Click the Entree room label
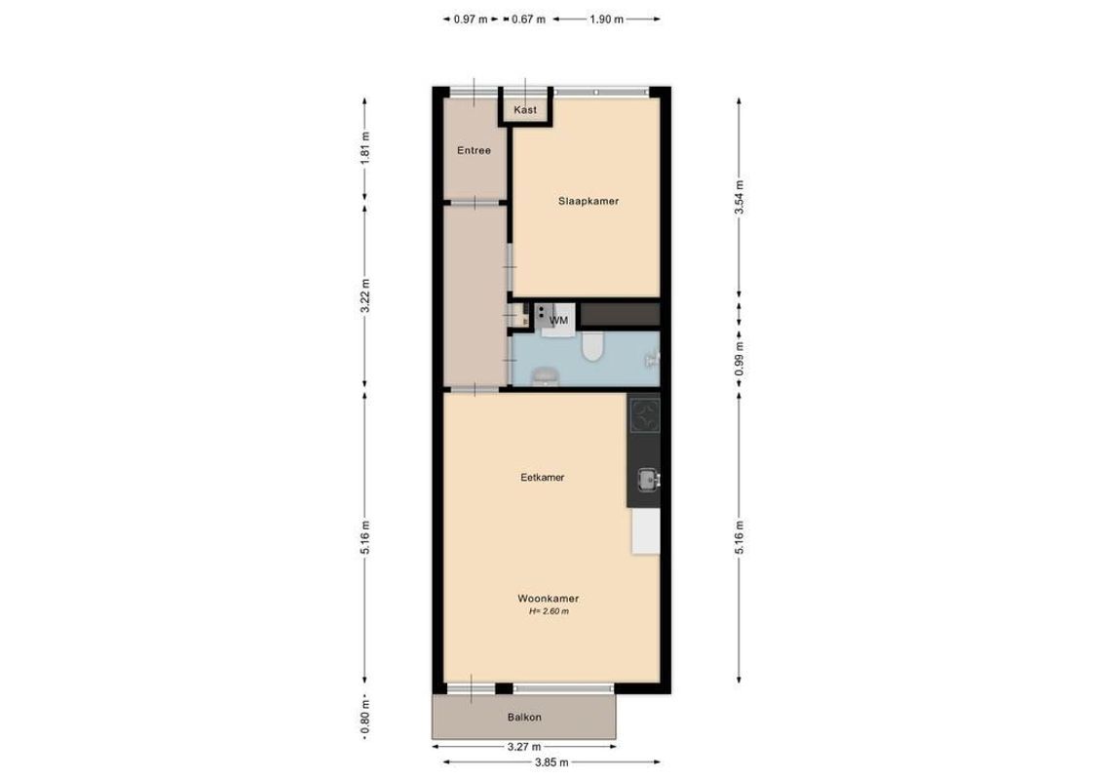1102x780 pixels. coord(475,151)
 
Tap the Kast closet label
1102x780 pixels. coord(525,110)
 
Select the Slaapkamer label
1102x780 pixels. coord(589,202)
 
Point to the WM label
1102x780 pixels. coord(559,320)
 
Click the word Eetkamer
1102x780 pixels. coord(543,478)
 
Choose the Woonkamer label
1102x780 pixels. coord(549,599)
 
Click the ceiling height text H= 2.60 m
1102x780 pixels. coord(549,612)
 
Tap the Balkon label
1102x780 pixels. coord(524,718)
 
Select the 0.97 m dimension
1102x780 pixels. coord(471,19)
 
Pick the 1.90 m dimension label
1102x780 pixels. coord(606,19)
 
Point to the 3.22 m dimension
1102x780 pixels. coord(365,296)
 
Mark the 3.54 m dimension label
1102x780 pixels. coord(740,198)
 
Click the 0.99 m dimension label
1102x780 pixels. coord(740,357)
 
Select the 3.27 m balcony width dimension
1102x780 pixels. coord(523,747)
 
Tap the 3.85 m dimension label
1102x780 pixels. coord(551,762)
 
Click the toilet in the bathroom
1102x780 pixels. coord(592,346)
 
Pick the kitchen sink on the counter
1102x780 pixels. coord(647,479)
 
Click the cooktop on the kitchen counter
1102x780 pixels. coord(644,417)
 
